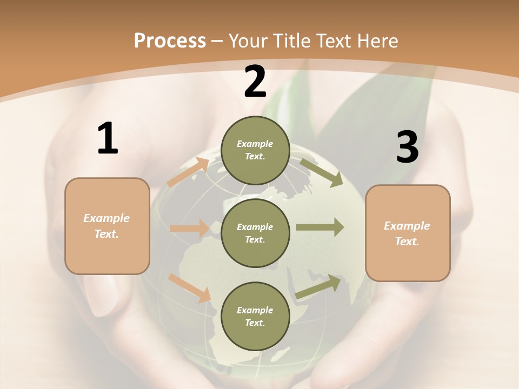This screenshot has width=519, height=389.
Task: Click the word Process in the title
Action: [170, 41]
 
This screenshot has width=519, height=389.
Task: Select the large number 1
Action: [108, 139]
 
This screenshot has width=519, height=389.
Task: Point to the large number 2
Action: [255, 82]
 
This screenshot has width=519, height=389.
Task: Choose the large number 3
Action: [407, 147]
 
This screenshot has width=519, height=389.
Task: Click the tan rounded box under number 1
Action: [107, 226]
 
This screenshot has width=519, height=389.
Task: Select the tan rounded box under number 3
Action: [408, 233]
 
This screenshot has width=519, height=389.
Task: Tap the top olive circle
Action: [255, 150]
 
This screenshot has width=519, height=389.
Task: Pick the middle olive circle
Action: [255, 233]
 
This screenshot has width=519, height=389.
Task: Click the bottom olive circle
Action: [255, 316]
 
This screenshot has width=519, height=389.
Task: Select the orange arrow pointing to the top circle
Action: [188, 172]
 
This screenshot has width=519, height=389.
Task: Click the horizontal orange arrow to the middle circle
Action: [189, 229]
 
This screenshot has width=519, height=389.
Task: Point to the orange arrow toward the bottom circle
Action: [190, 287]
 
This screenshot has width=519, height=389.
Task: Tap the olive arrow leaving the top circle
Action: [321, 172]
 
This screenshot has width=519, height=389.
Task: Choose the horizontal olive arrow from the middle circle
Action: [320, 227]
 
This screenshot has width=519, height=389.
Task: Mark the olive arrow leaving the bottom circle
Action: [318, 286]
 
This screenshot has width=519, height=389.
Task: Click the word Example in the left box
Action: [107, 218]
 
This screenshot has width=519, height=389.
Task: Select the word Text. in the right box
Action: [407, 242]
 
